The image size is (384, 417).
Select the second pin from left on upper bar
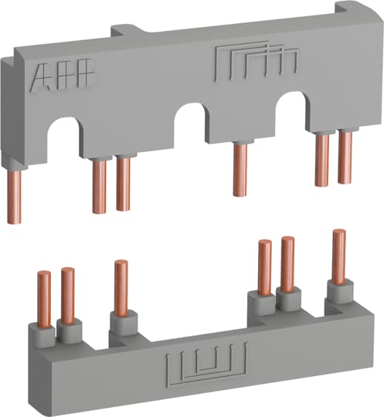coord(98,185)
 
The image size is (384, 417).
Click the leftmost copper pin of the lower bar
coord(44,298)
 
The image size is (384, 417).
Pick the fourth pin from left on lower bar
coord(264,266)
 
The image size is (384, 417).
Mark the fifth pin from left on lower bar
coord(287,263)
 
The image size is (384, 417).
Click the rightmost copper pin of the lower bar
coord(338,256)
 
